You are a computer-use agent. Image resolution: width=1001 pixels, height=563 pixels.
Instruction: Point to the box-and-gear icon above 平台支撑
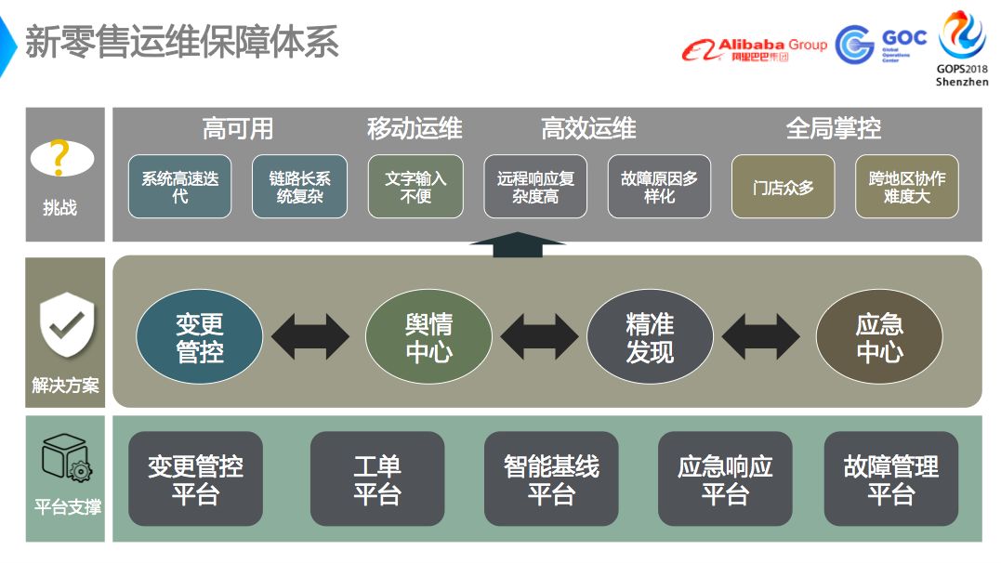coord(65,459)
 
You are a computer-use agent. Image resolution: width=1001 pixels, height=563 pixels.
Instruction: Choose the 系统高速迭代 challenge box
coord(179,187)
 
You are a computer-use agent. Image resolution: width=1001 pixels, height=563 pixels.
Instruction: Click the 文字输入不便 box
coord(415,187)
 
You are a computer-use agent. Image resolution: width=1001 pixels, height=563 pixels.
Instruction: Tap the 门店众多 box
coord(784,187)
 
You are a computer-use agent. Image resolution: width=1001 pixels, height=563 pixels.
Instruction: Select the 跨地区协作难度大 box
coord(906,187)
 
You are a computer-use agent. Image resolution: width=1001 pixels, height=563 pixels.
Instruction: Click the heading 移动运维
coord(415,128)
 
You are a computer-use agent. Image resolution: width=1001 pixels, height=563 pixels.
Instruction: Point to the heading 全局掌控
coord(833,128)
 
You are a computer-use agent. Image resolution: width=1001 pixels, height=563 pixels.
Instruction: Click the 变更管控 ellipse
coord(200,337)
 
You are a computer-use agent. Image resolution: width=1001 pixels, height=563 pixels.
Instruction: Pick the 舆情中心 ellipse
coord(428,337)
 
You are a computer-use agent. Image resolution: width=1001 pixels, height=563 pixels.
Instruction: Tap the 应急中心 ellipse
coord(878,337)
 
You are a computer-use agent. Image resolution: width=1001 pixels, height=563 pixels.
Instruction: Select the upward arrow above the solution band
coord(518,244)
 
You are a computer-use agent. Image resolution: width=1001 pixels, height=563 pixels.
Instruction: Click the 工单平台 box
coord(376,478)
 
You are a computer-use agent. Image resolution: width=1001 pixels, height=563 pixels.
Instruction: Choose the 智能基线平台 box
coord(551,478)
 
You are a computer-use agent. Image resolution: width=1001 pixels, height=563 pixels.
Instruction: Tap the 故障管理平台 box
coord(890,478)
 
